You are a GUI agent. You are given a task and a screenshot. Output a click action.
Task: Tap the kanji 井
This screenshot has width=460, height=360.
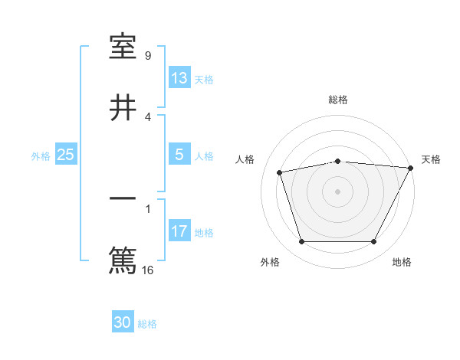(x=123, y=108)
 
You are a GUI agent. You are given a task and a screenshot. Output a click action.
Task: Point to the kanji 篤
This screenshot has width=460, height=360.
(x=123, y=260)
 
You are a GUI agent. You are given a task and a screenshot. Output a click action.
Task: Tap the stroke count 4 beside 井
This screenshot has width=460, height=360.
(x=148, y=116)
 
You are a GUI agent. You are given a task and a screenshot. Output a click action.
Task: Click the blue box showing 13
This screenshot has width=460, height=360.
(x=179, y=78)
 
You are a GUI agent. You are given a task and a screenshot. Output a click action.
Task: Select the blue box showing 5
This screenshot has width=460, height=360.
(x=179, y=155)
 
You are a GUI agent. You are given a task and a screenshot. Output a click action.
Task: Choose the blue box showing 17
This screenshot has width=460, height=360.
(x=179, y=231)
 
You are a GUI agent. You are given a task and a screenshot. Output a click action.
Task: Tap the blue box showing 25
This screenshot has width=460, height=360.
(x=66, y=155)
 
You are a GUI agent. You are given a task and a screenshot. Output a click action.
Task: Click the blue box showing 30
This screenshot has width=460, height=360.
(x=123, y=323)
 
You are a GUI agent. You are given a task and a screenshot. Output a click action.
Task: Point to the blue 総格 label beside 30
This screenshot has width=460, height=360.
(x=148, y=324)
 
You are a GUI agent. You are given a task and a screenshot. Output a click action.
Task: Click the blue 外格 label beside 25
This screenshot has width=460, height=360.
(x=41, y=155)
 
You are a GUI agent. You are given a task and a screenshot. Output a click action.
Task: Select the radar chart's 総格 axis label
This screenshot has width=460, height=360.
(x=337, y=100)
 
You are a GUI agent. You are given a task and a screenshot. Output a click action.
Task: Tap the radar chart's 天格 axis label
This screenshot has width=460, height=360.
(x=431, y=159)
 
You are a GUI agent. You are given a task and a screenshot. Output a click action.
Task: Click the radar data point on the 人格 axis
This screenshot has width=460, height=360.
(x=280, y=172)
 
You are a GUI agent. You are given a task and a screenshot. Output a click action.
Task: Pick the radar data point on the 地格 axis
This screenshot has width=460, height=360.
(x=374, y=242)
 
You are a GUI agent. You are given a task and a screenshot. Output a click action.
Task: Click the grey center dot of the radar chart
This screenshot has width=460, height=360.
(x=337, y=191)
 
